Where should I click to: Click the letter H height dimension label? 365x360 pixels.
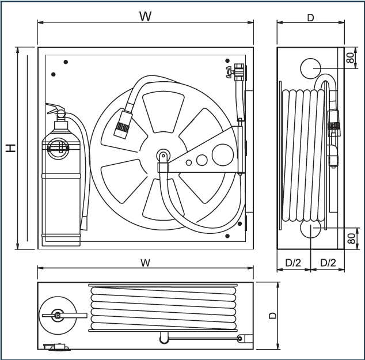coord(10,148)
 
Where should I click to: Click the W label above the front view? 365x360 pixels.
coord(146,16)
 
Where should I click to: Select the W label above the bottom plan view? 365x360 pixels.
coord(145,263)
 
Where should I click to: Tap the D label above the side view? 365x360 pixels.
coord(310,18)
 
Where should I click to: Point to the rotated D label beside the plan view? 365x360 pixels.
coord(272,315)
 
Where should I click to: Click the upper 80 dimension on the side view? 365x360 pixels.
coord(349,58)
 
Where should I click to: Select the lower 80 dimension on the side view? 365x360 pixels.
coord(351,238)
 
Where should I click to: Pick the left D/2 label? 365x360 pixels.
coord(293,263)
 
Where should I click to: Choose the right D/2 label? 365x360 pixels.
coord(328,263)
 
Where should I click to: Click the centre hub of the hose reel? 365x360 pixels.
coord(164,155)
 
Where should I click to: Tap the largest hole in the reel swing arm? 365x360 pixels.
coord(222,154)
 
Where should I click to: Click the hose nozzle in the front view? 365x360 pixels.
coord(122,123)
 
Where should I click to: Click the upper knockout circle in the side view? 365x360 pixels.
coord(310,67)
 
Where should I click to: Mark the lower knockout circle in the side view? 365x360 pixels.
coord(310,229)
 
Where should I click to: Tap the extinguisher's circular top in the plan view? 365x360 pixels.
coord(57,315)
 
